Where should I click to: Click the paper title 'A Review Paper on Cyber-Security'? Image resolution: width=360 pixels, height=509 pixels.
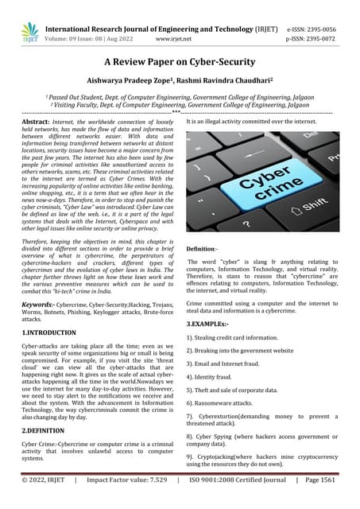point(180,61)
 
